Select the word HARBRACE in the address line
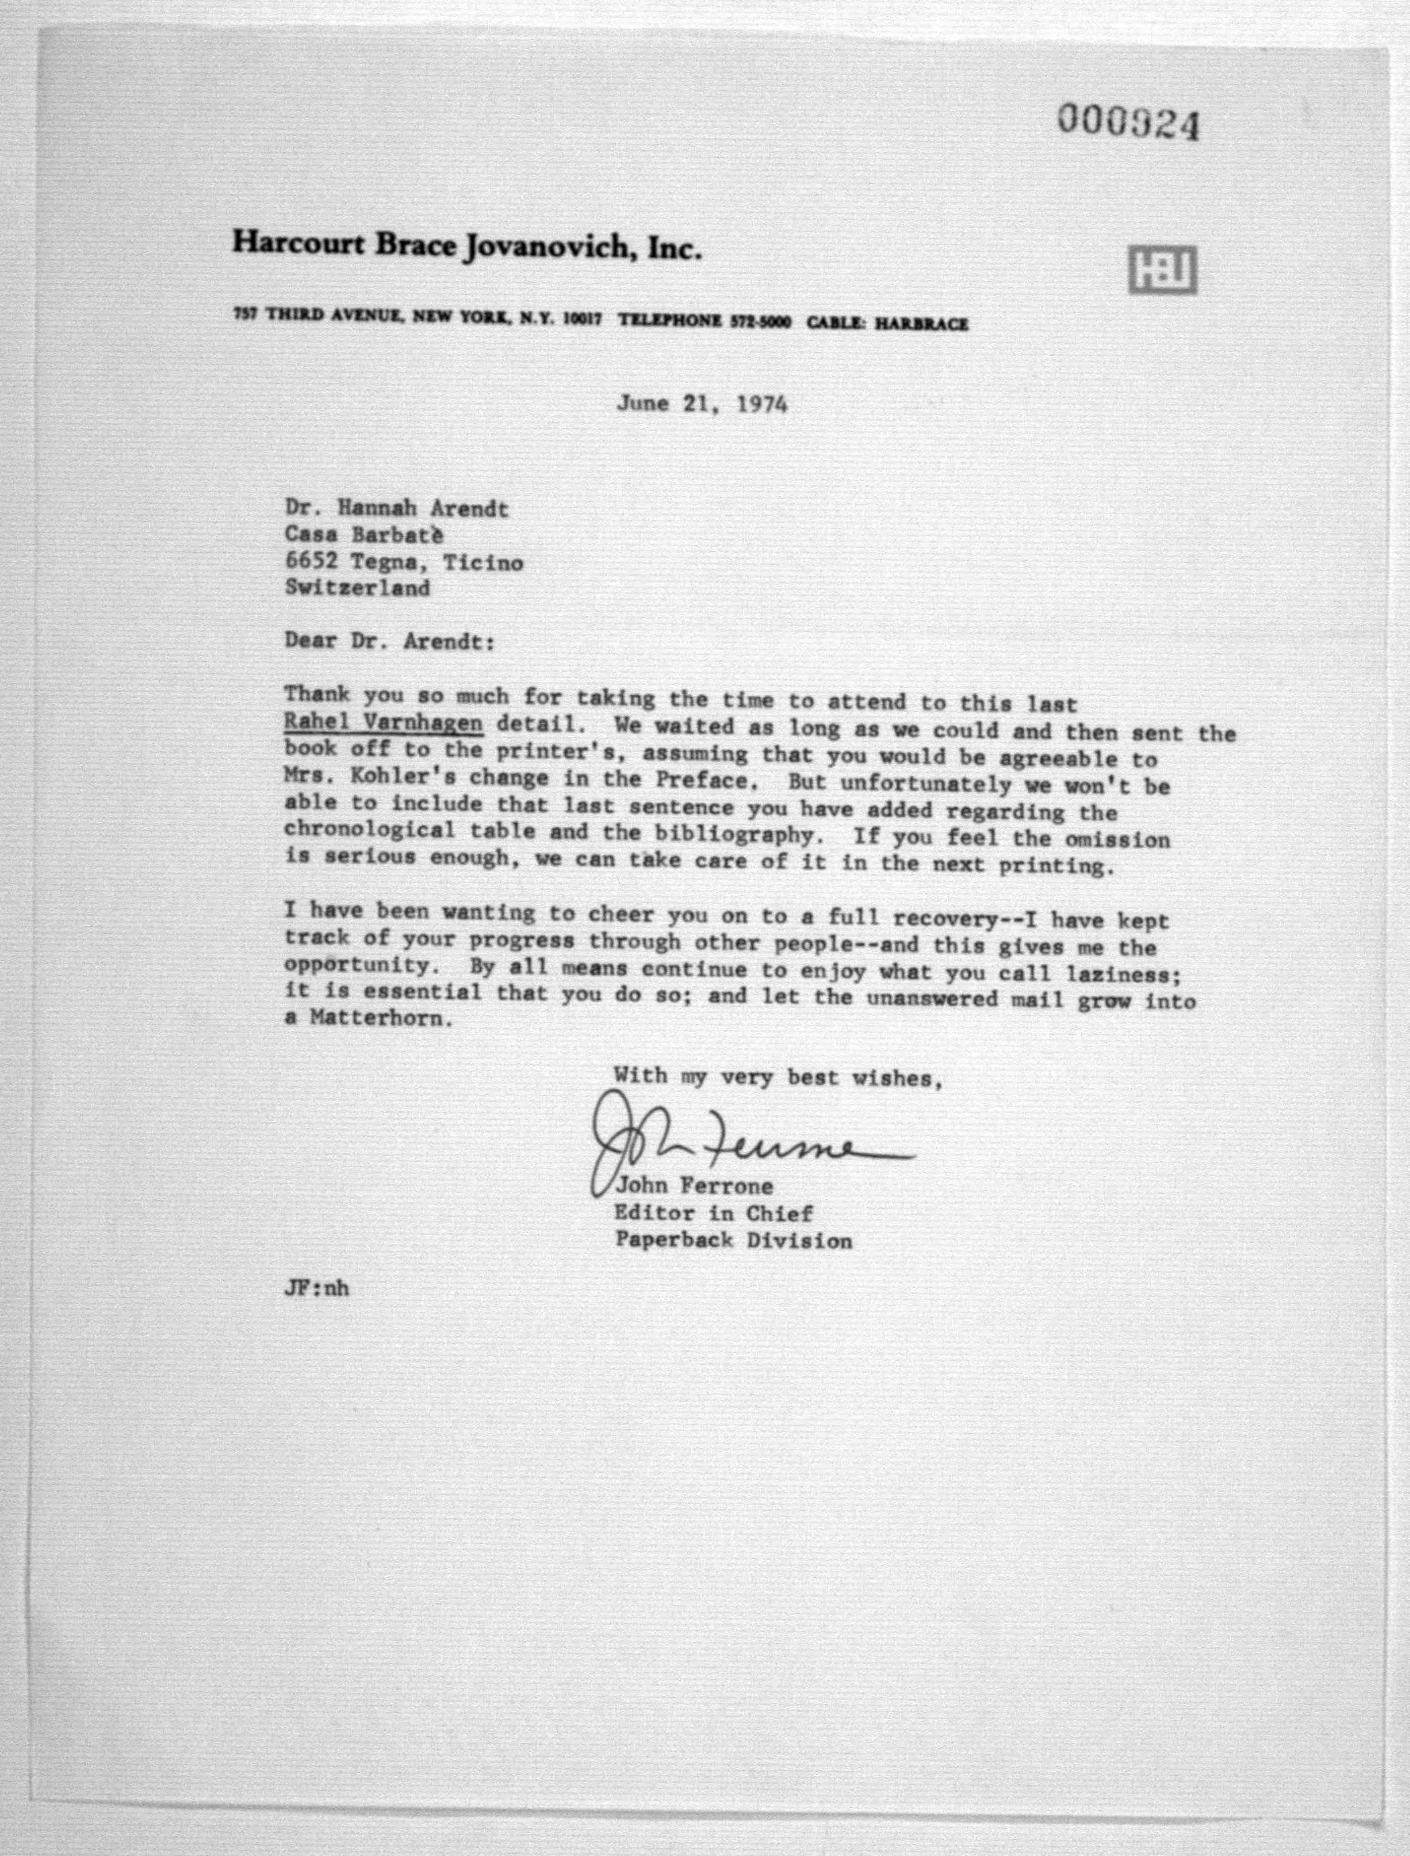pos(922,323)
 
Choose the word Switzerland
pos(357,587)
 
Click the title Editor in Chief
pos(714,1213)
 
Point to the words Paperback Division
pos(733,1240)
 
